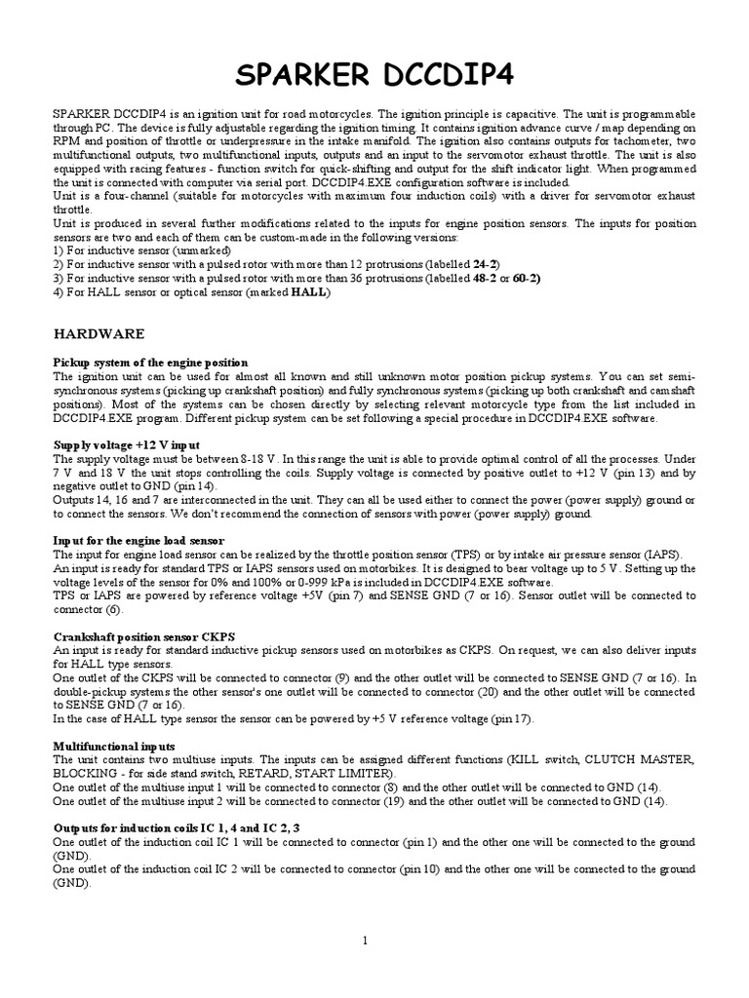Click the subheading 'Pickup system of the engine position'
point(150,363)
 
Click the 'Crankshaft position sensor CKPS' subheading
point(144,636)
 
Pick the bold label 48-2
point(488,278)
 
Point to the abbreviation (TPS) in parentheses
point(514,554)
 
